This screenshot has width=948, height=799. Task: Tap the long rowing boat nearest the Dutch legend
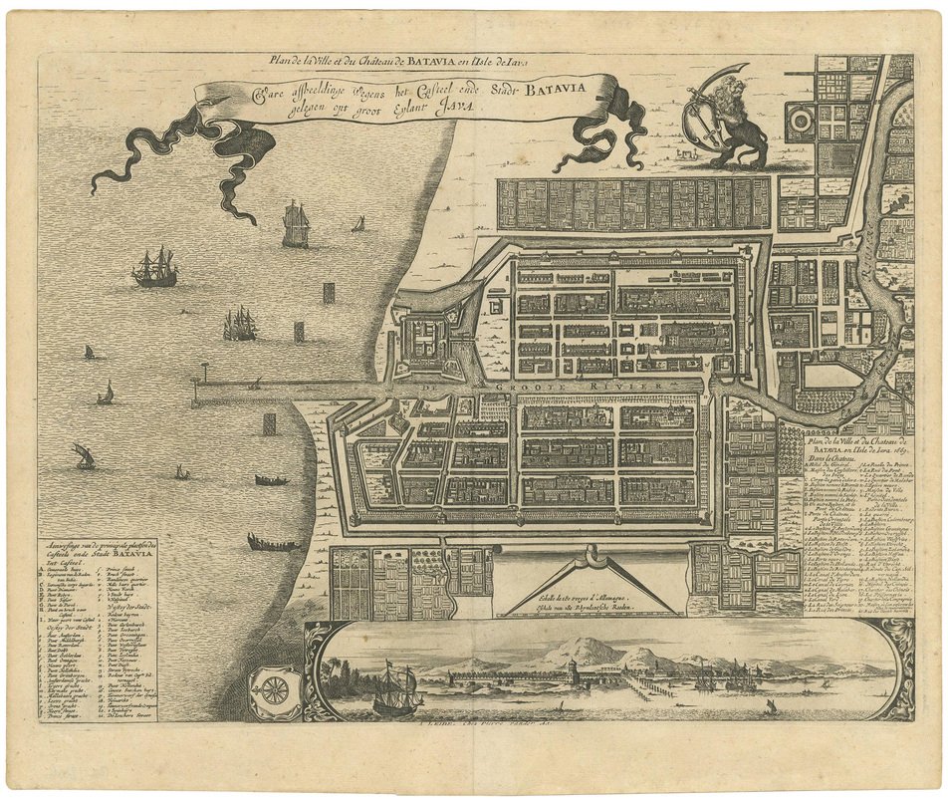(x=273, y=543)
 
